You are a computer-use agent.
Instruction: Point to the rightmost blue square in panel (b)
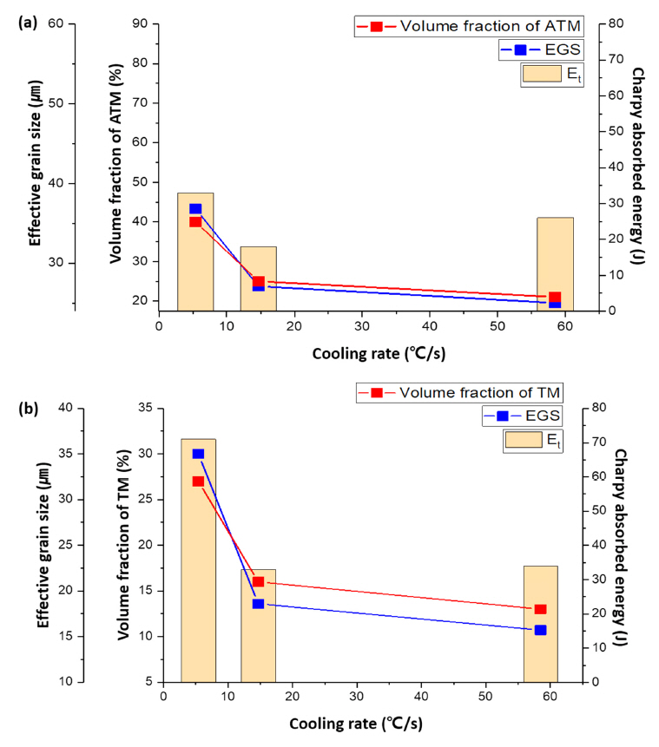(x=540, y=630)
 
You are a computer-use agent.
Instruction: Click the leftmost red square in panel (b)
(x=198, y=481)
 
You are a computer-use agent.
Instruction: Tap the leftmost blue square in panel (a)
(x=195, y=209)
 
